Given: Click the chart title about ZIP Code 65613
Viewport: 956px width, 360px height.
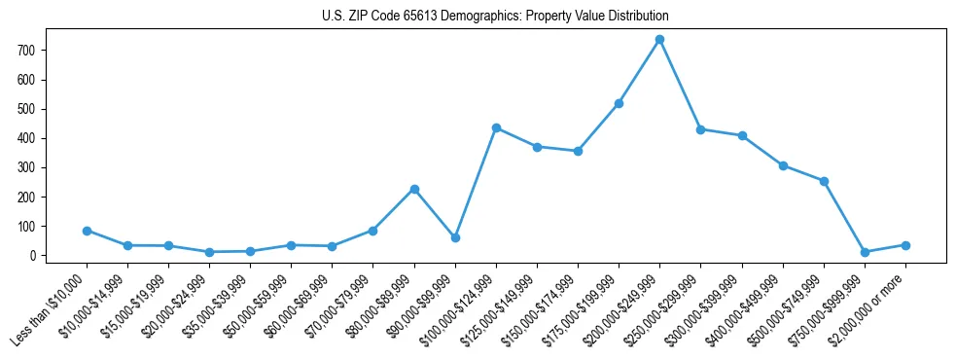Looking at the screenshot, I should (495, 17).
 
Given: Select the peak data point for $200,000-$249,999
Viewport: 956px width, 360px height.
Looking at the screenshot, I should (659, 40).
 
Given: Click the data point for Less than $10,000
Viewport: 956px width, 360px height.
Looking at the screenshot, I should (87, 231).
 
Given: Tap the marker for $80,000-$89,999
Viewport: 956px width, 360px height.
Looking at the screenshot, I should (414, 189).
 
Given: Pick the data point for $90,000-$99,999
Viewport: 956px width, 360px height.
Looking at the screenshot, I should (455, 237).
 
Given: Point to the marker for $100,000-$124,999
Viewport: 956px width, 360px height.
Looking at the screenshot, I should (496, 127).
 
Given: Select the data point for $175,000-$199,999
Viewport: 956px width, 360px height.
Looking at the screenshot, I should (619, 103).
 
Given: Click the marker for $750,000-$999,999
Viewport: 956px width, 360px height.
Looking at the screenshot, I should (865, 252).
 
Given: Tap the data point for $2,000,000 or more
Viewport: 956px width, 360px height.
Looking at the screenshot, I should (905, 245).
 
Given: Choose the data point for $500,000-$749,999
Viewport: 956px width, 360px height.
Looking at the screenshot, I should (824, 181).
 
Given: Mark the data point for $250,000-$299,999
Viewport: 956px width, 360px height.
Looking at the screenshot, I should (700, 129).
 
